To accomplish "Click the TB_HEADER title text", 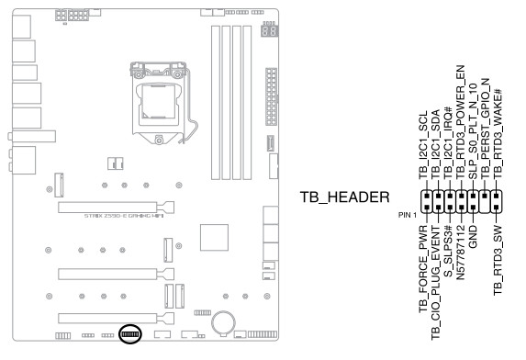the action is click(344, 197).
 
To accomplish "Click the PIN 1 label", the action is click(408, 215).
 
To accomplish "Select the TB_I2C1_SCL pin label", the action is click(423, 145).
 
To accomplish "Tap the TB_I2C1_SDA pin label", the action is click(435, 144).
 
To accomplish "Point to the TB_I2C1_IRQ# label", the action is click(448, 142).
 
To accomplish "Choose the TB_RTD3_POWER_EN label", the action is click(460, 122).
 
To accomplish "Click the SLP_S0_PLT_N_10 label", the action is click(473, 131).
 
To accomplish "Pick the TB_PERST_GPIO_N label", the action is click(485, 129).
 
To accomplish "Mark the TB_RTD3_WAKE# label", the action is click(498, 134).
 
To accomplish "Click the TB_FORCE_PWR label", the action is click(423, 269).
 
